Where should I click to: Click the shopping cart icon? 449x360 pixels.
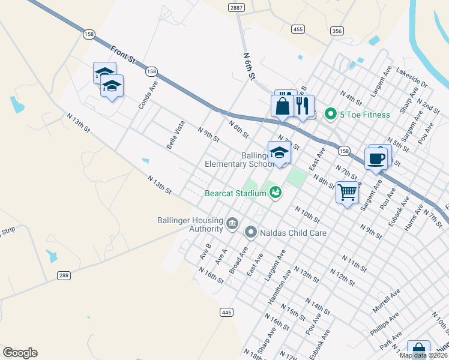(348, 193)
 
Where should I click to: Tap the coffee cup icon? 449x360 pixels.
(376, 159)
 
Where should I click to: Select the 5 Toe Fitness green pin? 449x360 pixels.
(330, 113)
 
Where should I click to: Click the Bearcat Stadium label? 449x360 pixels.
(235, 194)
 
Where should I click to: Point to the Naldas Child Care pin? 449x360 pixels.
(251, 231)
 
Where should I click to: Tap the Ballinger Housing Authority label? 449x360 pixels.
(190, 224)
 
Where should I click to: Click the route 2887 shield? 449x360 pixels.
(236, 7)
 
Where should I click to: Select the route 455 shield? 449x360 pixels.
(297, 29)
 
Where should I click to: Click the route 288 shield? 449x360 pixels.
(64, 275)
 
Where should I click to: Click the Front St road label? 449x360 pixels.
(124, 53)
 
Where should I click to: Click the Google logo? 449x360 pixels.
(20, 353)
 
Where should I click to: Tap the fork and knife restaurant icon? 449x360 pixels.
(303, 107)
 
